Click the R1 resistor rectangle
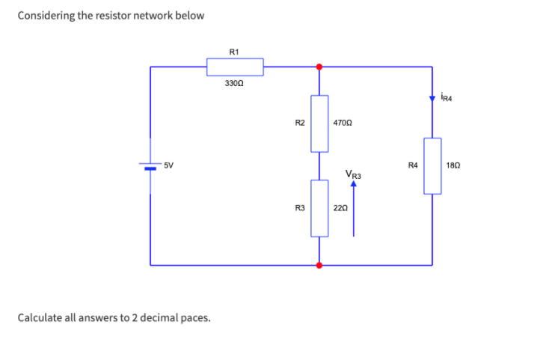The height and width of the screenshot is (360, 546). [x=235, y=67]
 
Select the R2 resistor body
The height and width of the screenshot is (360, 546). [x=319, y=123]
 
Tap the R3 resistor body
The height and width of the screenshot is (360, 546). [x=319, y=208]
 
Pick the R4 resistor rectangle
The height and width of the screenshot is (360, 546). [x=432, y=165]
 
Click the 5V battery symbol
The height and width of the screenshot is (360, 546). [x=150, y=166]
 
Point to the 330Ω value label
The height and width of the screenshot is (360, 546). [x=234, y=85]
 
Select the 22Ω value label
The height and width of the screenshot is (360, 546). [x=340, y=207]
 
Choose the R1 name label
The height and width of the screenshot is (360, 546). [x=234, y=52]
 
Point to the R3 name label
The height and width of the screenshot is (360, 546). [x=298, y=207]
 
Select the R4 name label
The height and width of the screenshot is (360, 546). [x=412, y=165]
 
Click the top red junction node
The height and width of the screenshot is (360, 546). [x=319, y=67]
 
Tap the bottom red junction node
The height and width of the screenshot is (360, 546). [x=319, y=264]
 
